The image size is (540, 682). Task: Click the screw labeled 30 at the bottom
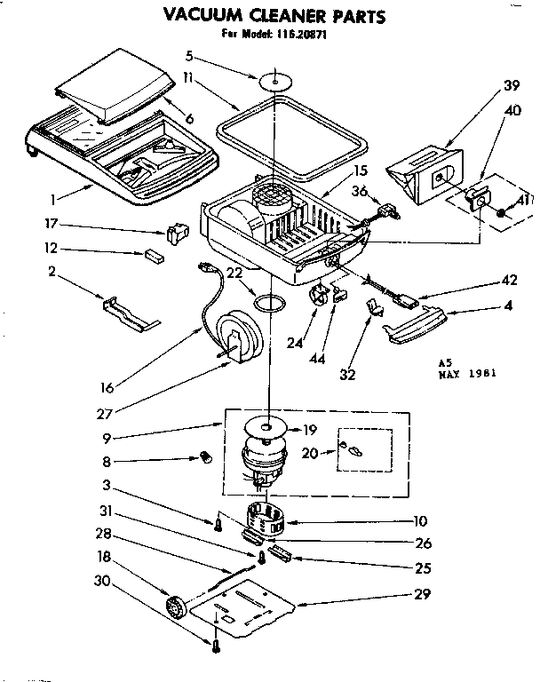pyautogui.click(x=214, y=646)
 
